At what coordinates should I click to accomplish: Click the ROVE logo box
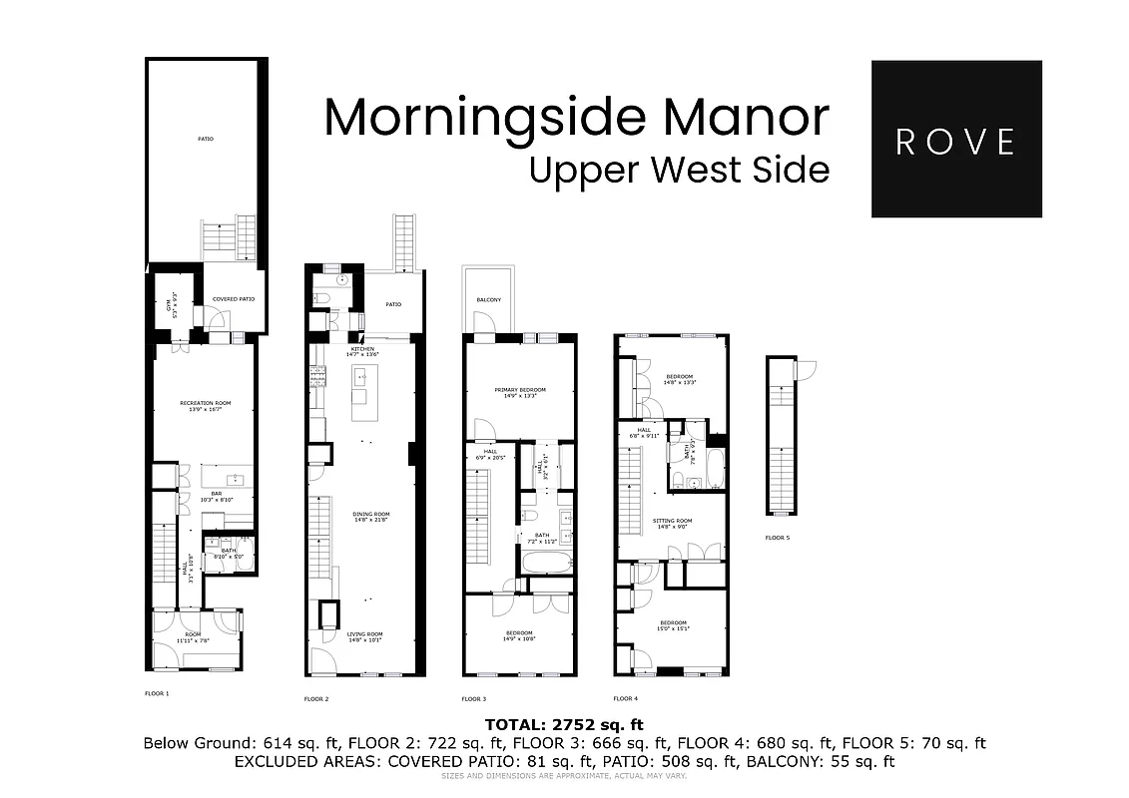pyautogui.click(x=955, y=139)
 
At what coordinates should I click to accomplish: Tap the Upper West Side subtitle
pyautogui.click(x=679, y=170)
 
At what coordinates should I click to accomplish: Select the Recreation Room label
pyautogui.click(x=205, y=404)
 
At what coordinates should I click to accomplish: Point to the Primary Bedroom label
pyautogui.click(x=519, y=390)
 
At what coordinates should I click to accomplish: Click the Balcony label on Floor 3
pyautogui.click(x=488, y=300)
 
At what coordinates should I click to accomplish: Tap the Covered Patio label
pyautogui.click(x=233, y=299)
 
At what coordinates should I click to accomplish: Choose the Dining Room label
pyautogui.click(x=370, y=515)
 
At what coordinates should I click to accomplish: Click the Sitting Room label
pyautogui.click(x=672, y=521)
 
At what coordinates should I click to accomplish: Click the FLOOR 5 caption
pyautogui.click(x=777, y=538)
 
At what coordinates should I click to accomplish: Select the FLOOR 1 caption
pyautogui.click(x=158, y=692)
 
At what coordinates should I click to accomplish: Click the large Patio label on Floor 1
pyautogui.click(x=205, y=139)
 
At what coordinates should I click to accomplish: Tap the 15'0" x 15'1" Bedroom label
pyautogui.click(x=672, y=624)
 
